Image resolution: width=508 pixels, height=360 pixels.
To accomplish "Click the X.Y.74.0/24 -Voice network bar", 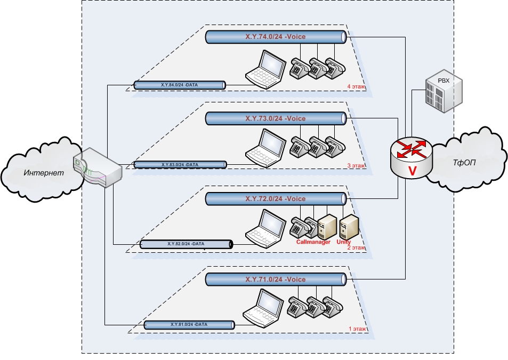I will [x=275, y=37].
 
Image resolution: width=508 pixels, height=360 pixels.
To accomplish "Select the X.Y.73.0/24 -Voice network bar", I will [x=275, y=118].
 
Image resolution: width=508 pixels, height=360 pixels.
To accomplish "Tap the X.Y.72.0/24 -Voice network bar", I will [x=275, y=199].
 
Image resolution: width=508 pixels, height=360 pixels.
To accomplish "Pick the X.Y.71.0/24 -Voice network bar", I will [x=275, y=279].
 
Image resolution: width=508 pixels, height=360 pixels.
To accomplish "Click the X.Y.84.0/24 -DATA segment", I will [x=179, y=85].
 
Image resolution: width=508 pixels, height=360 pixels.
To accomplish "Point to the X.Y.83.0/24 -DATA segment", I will [x=180, y=165].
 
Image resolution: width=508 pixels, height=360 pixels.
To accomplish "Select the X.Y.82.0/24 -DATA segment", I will [x=186, y=244].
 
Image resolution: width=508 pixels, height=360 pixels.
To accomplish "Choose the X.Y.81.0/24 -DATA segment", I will [x=189, y=325].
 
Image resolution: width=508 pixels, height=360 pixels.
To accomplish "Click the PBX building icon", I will [x=443, y=90].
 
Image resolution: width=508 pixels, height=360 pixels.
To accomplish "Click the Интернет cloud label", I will [x=43, y=173].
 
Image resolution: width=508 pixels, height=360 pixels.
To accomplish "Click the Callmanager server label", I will [x=313, y=242].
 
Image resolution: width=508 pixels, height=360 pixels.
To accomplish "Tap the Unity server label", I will [x=344, y=242].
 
